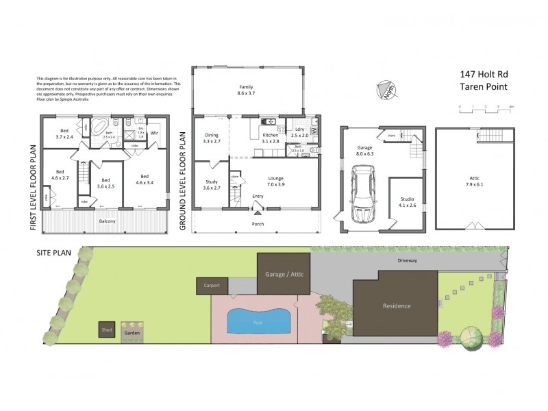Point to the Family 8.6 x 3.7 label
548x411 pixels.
(246, 90)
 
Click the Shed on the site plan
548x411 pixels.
(107, 329)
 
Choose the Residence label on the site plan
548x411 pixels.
(396, 306)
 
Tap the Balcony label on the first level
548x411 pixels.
(105, 221)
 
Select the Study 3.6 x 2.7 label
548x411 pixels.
(211, 184)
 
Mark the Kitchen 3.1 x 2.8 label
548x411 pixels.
(270, 138)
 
